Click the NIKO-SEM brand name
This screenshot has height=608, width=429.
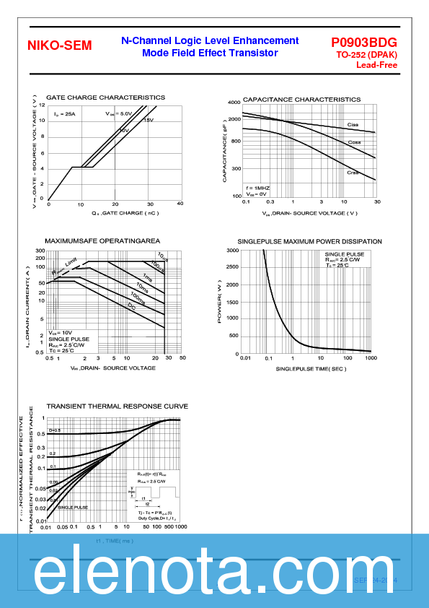(x=59, y=45)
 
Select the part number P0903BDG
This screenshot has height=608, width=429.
(x=364, y=43)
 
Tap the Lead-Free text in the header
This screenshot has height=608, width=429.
(x=376, y=65)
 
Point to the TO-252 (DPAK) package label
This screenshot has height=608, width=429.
(x=366, y=55)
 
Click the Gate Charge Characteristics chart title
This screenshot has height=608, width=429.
(x=105, y=97)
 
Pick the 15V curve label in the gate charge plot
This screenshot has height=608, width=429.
(x=148, y=120)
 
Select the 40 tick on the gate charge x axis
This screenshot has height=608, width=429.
(x=180, y=204)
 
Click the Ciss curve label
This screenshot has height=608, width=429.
(x=353, y=125)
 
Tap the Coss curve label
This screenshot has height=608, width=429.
(x=354, y=142)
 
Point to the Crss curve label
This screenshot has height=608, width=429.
(x=353, y=173)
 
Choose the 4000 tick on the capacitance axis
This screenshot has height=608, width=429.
(x=234, y=103)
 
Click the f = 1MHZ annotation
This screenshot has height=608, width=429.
(x=257, y=188)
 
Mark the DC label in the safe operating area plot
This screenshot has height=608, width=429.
(x=131, y=307)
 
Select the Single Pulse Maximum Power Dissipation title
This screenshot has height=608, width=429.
(x=309, y=241)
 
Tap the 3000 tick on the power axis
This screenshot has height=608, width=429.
(x=233, y=250)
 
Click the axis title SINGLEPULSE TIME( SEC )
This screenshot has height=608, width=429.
(x=311, y=369)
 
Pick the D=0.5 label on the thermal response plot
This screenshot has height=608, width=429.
(x=55, y=430)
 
